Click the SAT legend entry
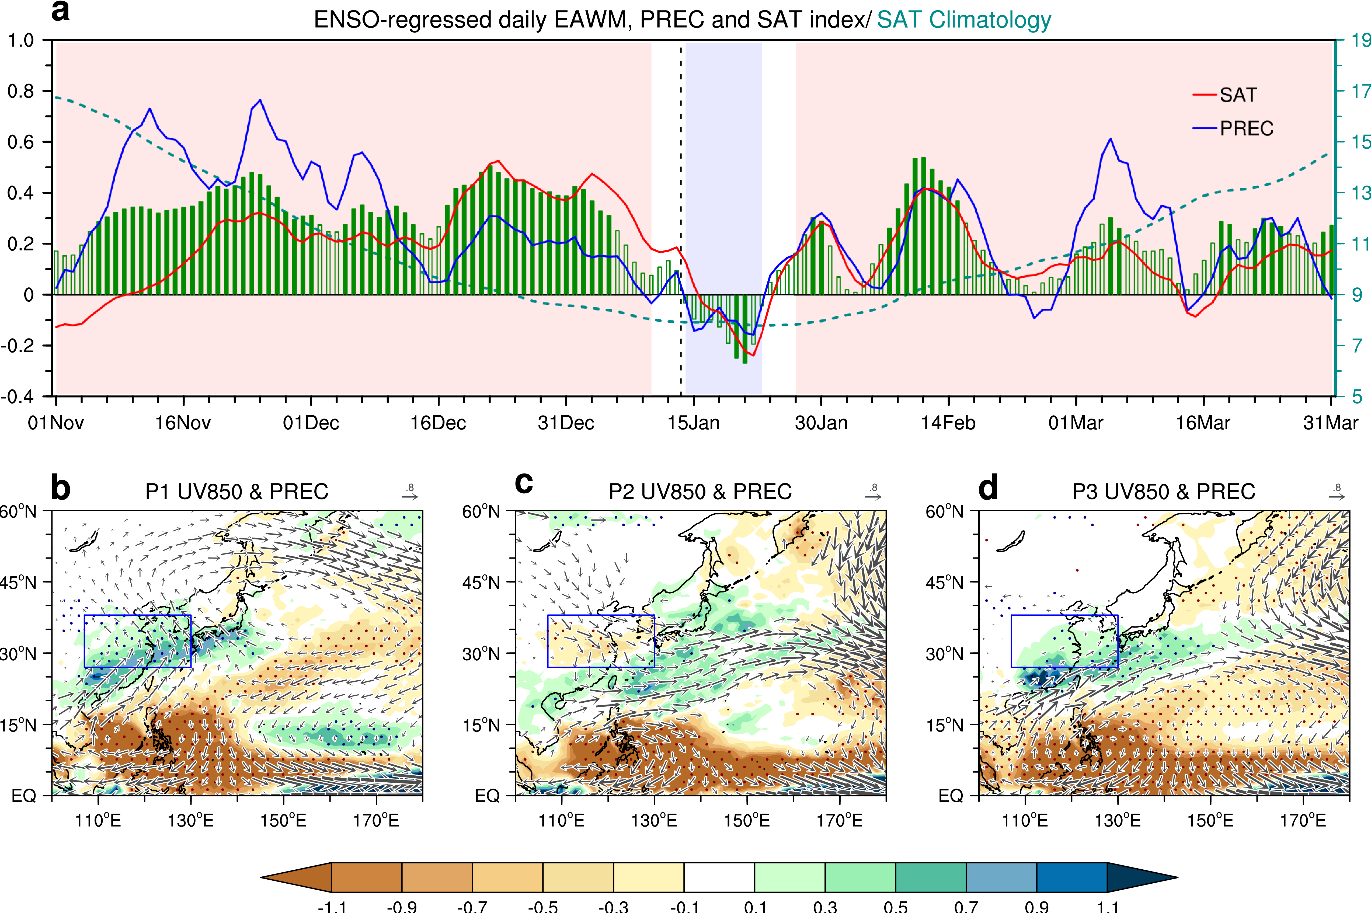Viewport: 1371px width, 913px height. coord(1238,95)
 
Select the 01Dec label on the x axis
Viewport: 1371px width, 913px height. coord(311,423)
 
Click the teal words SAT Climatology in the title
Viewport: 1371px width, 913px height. coord(963,20)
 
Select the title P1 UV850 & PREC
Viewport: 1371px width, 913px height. coord(236,492)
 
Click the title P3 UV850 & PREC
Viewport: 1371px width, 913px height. coord(1163,492)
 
